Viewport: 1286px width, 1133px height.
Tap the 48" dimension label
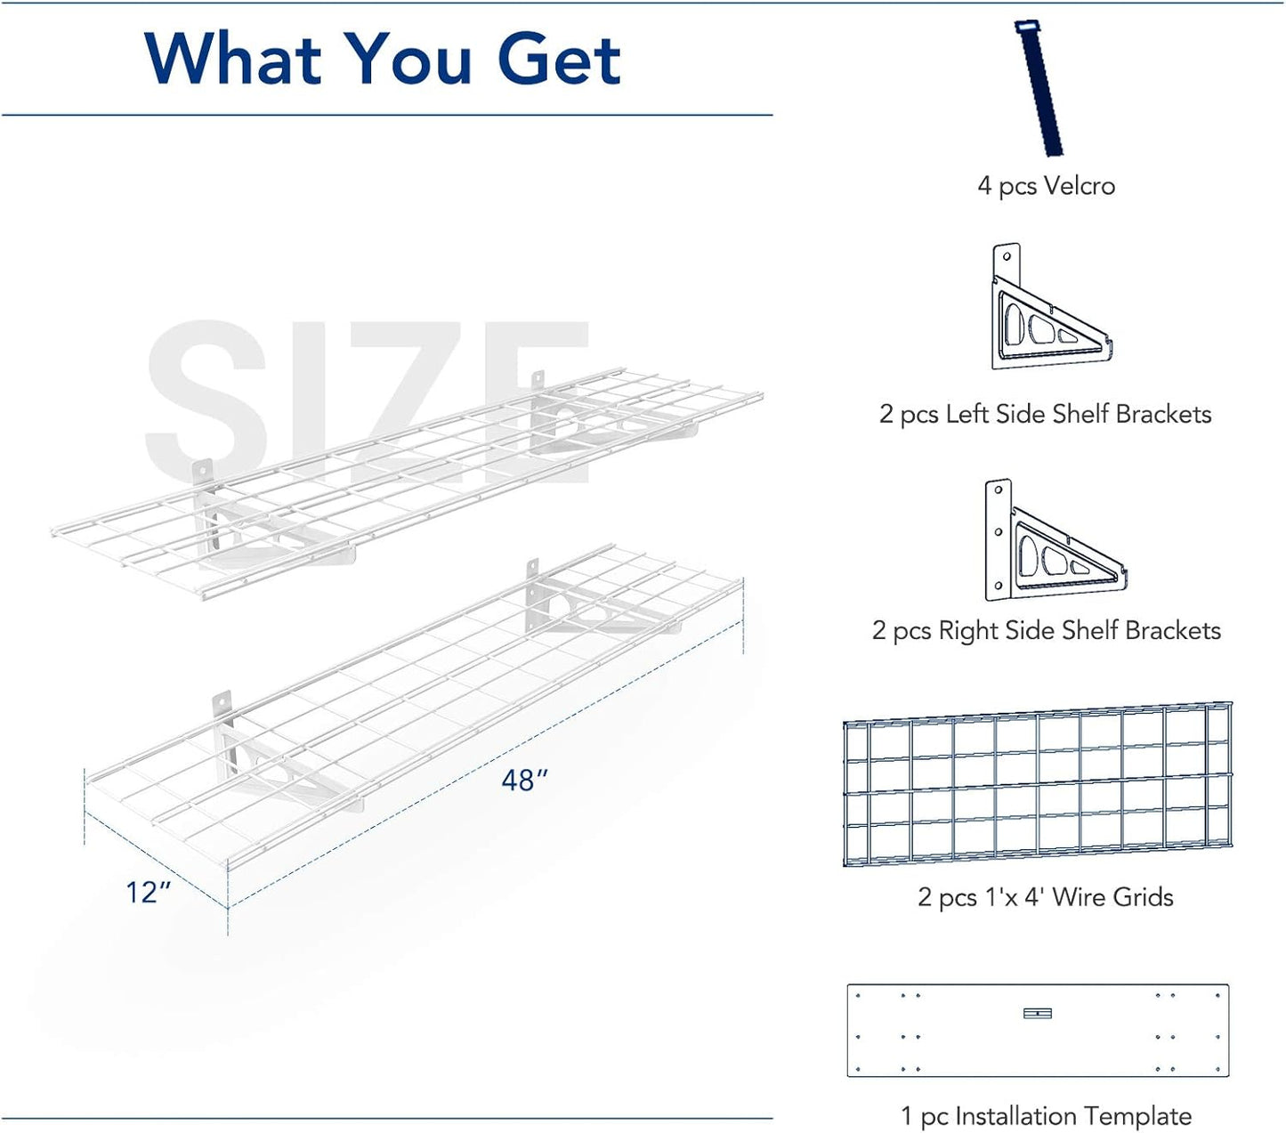[524, 781]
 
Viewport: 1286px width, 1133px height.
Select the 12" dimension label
[148, 892]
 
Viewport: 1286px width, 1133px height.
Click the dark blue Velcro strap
[1039, 89]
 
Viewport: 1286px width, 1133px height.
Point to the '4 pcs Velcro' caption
[1046, 186]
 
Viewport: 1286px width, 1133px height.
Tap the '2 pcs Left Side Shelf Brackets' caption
[1046, 414]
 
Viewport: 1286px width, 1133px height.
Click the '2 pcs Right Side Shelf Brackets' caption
[1046, 631]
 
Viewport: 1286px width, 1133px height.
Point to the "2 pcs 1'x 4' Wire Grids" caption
[1046, 897]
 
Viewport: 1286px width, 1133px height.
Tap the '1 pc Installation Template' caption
[1046, 1116]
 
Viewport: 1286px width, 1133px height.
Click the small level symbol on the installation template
[1038, 1013]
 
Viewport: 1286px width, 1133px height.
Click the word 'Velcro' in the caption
[1080, 186]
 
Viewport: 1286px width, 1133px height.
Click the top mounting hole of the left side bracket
[1007, 256]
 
